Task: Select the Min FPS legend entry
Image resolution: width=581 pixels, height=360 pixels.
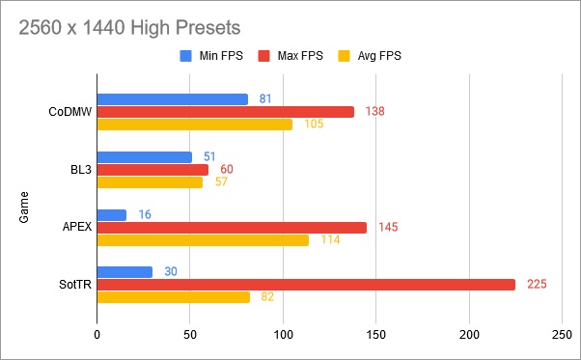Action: point(211,56)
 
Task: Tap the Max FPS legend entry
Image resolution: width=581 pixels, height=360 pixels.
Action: point(293,56)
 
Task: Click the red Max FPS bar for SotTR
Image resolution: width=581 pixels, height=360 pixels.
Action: point(306,285)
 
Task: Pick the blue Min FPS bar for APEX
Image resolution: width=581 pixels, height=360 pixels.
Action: point(112,214)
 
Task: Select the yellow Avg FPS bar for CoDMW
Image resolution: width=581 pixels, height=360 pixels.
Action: point(195,125)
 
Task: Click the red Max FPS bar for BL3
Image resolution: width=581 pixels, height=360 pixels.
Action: point(152,170)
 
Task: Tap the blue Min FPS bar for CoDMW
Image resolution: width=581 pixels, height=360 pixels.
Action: point(173,99)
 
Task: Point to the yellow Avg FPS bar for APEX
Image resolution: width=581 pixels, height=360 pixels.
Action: point(203,240)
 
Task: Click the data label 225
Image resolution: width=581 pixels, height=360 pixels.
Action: point(537,285)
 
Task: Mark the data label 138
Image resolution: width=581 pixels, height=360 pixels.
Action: point(375,112)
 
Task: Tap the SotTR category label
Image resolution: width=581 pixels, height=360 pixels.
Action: point(71,285)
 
